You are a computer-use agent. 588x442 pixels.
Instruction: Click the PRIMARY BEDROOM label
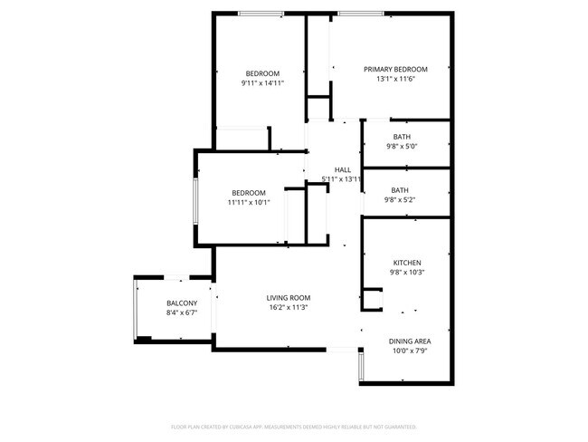point(395,69)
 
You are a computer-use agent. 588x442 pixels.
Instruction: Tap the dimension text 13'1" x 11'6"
point(395,79)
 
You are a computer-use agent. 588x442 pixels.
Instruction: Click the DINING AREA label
point(410,341)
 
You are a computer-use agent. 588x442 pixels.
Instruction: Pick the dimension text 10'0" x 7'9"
point(410,351)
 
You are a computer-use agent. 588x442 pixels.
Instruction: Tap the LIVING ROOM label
point(289,298)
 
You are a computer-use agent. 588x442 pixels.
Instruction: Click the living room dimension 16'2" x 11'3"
point(289,308)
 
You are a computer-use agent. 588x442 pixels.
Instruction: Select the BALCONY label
point(182,303)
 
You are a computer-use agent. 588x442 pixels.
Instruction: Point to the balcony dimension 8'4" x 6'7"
point(182,312)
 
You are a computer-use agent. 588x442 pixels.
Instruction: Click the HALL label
point(343,169)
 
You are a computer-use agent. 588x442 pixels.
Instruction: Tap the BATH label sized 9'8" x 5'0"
point(401,137)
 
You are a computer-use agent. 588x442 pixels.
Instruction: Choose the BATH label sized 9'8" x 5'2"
point(400,190)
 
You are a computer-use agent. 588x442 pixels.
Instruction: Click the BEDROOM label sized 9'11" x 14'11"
point(262,73)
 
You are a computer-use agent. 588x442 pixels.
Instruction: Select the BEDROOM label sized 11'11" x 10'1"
point(249,192)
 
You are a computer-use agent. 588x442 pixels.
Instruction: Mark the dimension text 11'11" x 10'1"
point(249,202)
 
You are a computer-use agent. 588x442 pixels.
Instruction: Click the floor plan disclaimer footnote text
point(293,426)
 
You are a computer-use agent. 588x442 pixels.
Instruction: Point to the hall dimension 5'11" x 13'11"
point(342,179)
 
